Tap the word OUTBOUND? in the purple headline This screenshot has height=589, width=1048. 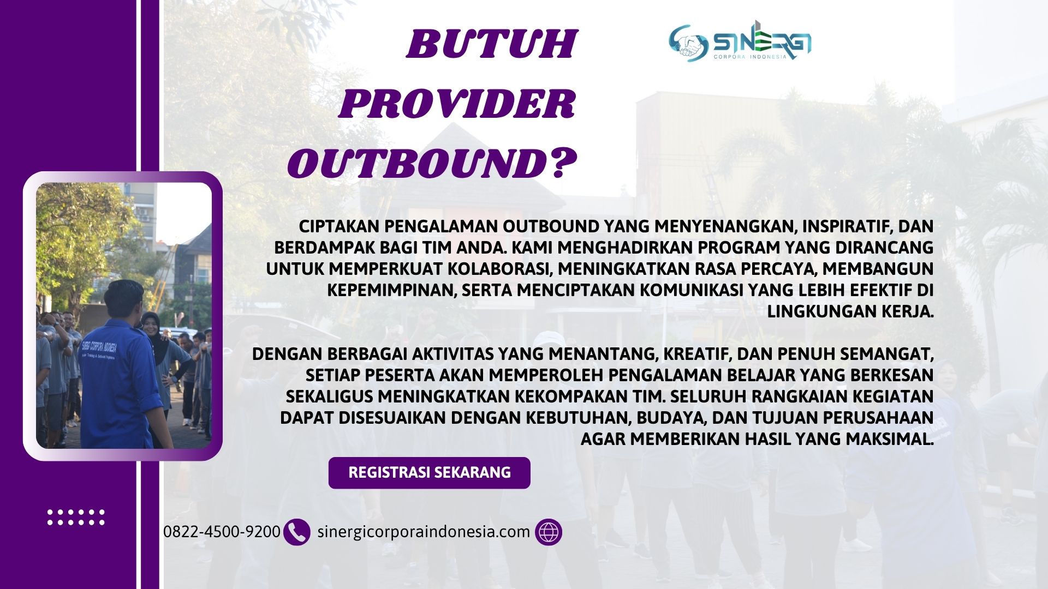click(432, 164)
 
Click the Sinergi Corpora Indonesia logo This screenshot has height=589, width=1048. click(740, 41)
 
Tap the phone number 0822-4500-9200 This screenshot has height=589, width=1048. click(222, 532)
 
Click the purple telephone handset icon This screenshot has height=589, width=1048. click(297, 532)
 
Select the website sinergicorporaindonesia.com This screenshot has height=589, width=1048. click(424, 532)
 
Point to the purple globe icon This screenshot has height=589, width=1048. click(549, 532)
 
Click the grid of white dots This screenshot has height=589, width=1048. click(76, 517)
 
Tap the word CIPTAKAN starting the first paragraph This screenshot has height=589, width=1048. click(340, 226)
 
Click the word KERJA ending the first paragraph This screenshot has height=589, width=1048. click(908, 311)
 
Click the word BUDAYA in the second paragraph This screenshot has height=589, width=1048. click(672, 418)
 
